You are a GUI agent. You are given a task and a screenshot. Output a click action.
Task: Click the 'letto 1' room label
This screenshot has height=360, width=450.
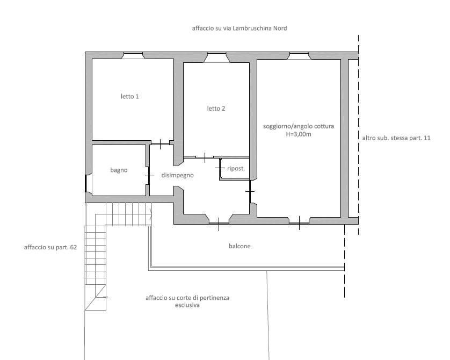(130, 97)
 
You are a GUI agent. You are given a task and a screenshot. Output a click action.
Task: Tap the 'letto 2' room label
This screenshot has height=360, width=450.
(216, 109)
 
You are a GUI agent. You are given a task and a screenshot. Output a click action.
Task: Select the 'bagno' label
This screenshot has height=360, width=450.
(119, 170)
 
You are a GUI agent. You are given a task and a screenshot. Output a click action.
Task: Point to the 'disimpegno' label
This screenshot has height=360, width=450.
(177, 175)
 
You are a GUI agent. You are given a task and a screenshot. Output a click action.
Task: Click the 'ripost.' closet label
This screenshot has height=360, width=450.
(236, 169)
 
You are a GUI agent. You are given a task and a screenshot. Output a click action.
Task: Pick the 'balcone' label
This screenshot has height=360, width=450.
(239, 246)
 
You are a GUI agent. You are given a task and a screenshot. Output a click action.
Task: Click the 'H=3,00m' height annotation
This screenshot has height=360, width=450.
(299, 134)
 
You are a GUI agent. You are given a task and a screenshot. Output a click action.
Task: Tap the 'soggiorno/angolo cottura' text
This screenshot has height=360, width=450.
(299, 126)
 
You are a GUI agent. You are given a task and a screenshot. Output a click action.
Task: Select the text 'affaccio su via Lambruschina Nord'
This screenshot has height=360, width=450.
(239, 28)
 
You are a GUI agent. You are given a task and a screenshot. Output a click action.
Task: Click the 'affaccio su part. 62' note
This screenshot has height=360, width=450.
(50, 247)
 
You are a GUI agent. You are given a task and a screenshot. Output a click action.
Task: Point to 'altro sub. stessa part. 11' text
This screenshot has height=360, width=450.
(396, 138)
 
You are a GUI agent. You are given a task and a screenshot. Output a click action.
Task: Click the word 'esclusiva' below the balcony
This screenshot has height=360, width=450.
(187, 305)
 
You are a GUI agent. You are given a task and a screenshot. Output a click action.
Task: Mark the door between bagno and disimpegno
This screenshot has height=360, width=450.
(149, 176)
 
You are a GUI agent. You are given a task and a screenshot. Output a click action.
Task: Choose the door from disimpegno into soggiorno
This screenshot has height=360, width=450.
(250, 191)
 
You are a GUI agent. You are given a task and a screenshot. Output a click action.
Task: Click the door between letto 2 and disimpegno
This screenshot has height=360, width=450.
(205, 157)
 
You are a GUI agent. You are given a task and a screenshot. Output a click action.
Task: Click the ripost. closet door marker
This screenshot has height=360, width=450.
(220, 168)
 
